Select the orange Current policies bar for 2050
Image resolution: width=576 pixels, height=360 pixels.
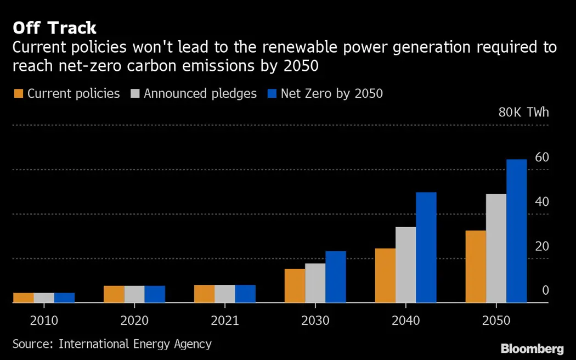point(476,266)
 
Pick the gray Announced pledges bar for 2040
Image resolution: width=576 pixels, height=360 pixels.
point(405,265)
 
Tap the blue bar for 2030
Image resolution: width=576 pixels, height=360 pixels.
point(336,277)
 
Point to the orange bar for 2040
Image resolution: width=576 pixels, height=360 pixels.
point(385,275)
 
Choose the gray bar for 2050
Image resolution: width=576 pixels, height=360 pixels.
point(496,248)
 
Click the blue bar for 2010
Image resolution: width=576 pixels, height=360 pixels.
point(64,297)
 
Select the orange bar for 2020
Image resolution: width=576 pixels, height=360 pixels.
point(114,294)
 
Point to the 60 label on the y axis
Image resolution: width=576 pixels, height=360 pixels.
point(541,157)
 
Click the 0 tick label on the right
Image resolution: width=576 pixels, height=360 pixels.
point(545,290)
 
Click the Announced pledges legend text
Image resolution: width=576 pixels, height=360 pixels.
point(200,94)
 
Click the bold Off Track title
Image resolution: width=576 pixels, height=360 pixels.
point(54,27)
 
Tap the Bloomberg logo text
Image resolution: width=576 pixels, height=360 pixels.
point(532,348)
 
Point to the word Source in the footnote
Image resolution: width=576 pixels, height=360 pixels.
point(32,344)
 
